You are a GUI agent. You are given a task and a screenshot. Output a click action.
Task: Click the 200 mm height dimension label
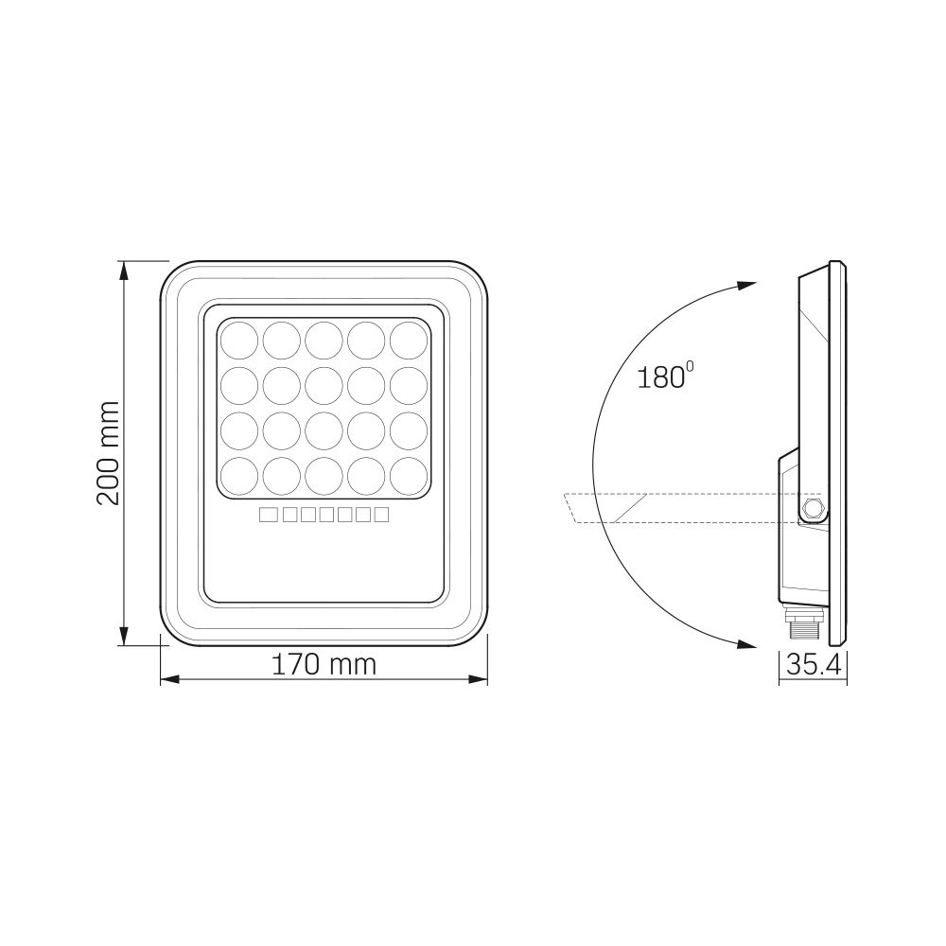point(111,452)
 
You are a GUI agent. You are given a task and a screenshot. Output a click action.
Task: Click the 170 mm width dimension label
point(324,665)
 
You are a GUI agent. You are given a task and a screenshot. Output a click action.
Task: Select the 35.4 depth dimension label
point(814,665)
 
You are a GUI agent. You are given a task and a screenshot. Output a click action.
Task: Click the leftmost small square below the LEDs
point(267,515)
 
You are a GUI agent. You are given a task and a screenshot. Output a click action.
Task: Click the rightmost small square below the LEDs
point(381,515)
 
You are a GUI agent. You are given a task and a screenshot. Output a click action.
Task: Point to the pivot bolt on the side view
point(813,510)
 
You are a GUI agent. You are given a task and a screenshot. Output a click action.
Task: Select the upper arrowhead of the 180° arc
point(748,285)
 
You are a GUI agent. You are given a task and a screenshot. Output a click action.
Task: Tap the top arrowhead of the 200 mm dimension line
point(125,270)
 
